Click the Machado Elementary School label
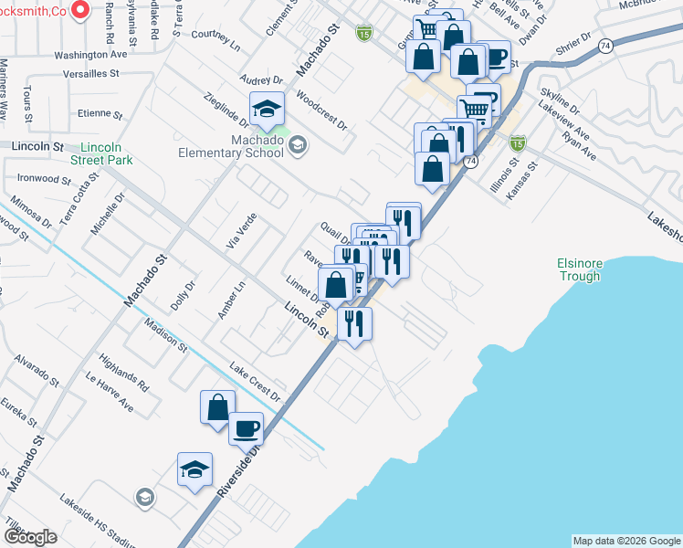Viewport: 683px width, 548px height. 240,146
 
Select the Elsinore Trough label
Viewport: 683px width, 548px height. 580,269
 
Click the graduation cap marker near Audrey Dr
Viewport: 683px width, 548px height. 267,110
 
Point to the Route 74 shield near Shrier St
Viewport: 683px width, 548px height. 605,46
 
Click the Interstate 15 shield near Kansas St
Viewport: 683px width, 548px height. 518,143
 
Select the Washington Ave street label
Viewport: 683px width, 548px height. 90,55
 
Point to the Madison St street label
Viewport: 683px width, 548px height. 165,335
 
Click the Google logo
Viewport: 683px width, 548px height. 30,536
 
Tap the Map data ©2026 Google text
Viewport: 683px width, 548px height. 626,541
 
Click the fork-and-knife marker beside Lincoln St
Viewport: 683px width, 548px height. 353,322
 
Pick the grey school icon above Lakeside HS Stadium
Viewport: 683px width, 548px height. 143,498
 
